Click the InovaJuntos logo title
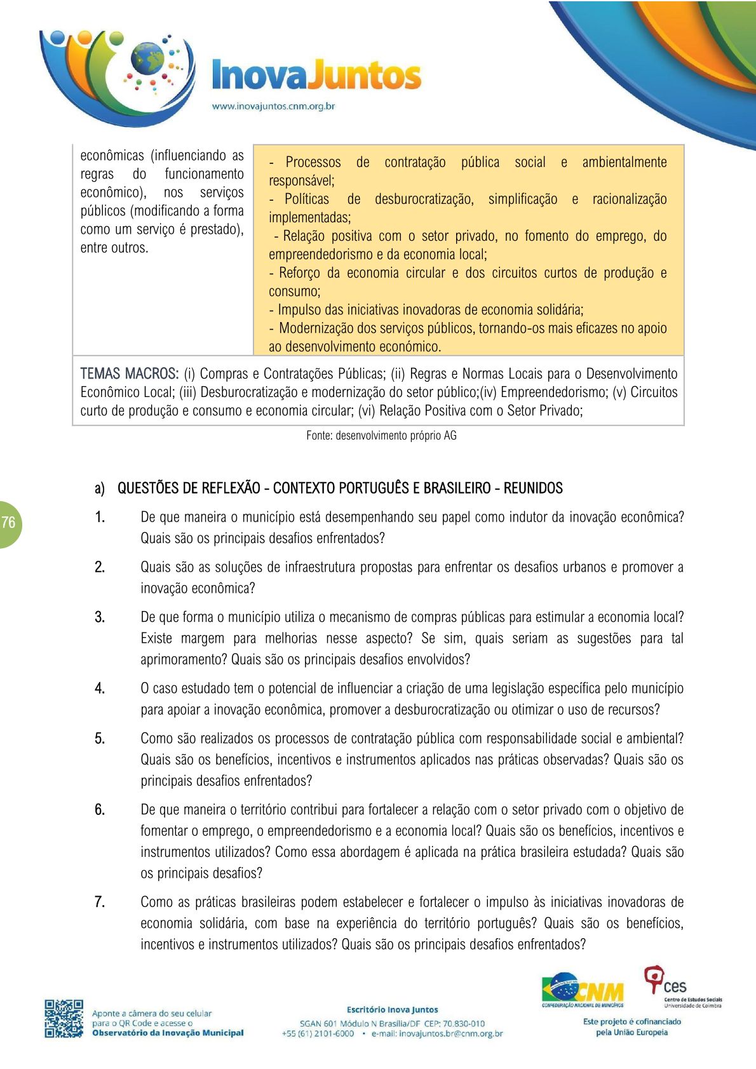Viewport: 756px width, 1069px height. click(x=316, y=76)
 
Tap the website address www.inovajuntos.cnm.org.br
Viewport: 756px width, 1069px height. click(x=273, y=106)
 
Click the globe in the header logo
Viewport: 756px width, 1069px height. click(x=147, y=59)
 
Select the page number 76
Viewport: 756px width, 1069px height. click(x=8, y=523)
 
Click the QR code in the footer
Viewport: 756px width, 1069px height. click(x=64, y=1018)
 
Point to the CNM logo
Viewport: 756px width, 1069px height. click(x=583, y=991)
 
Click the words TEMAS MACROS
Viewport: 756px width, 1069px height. click(x=129, y=373)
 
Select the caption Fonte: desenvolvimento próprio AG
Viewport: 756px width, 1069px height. click(x=381, y=436)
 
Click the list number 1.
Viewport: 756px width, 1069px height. click(x=100, y=517)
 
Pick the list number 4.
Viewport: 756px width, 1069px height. click(x=100, y=689)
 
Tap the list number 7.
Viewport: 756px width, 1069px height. click(x=100, y=902)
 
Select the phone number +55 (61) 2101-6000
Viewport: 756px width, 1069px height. click(x=318, y=1033)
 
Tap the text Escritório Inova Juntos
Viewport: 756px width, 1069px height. click(x=392, y=1009)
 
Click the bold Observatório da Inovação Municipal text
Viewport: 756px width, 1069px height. click(x=168, y=1033)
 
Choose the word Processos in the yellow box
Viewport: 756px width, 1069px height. click(x=313, y=162)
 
